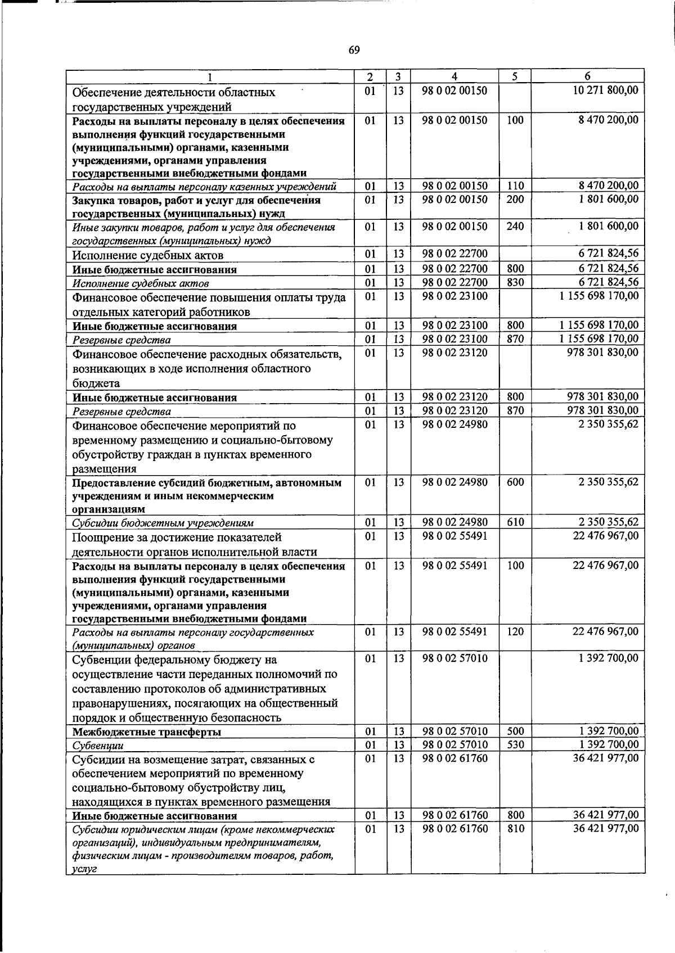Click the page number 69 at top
[x=354, y=51]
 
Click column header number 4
[x=454, y=76]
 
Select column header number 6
[x=587, y=76]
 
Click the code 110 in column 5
[x=515, y=186]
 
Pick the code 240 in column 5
[x=515, y=226]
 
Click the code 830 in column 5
[x=515, y=282]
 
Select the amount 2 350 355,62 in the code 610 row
[x=608, y=522]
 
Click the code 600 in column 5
[x=515, y=482]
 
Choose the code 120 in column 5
[x=515, y=631]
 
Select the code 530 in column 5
[x=515, y=744]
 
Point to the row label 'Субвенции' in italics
[x=98, y=746]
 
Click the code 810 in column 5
[x=515, y=828]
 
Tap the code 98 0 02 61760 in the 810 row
[x=454, y=828]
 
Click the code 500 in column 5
[x=515, y=731]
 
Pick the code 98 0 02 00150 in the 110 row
[x=454, y=186]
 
